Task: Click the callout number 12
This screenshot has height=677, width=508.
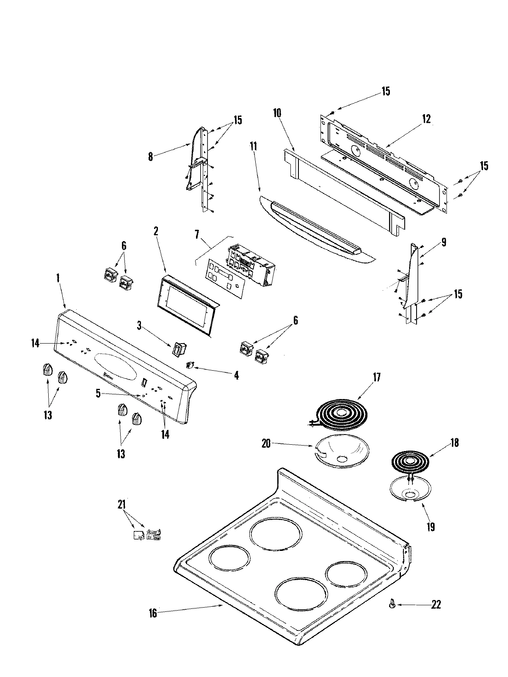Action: point(426,119)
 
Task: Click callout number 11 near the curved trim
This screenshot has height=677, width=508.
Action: point(253,147)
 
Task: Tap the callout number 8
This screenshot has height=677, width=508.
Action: point(150,157)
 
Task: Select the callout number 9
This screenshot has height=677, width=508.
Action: point(443,242)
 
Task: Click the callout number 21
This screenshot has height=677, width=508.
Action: point(122,505)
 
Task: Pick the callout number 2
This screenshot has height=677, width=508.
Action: point(156,231)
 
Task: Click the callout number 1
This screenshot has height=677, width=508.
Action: point(58,278)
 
